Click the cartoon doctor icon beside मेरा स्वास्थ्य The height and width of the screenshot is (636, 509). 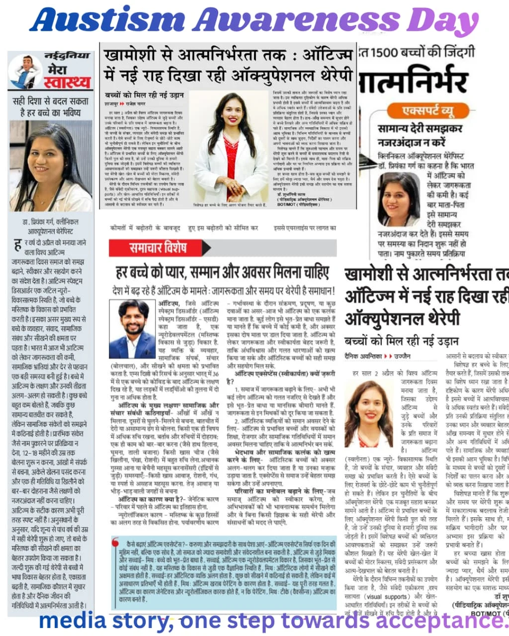[25, 72]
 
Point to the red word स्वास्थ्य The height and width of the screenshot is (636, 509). [68, 82]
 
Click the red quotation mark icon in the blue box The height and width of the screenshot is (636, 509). [117, 542]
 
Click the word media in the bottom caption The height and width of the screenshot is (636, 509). [73, 621]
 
